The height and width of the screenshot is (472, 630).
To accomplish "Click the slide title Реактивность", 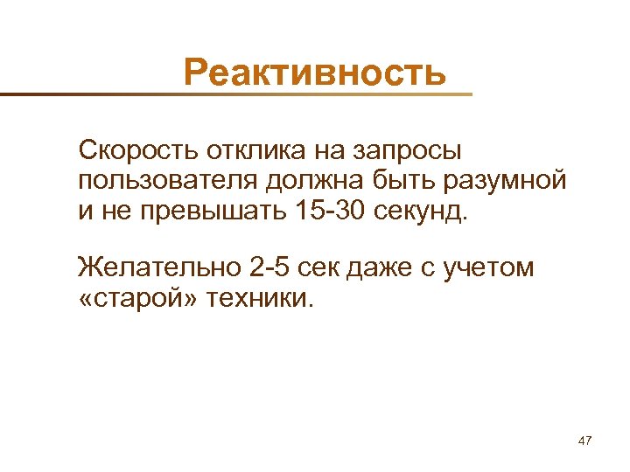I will pyautogui.click(x=315, y=72).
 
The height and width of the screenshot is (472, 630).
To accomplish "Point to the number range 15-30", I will pyautogui.click(x=327, y=211).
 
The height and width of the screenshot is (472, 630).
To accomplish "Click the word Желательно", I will pyautogui.click(x=154, y=267).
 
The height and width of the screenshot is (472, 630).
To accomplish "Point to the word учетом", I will pyautogui.click(x=489, y=267).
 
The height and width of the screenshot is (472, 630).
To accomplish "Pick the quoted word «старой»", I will pyautogui.click(x=136, y=298).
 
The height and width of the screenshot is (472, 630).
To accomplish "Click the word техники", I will pyautogui.click(x=257, y=298).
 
